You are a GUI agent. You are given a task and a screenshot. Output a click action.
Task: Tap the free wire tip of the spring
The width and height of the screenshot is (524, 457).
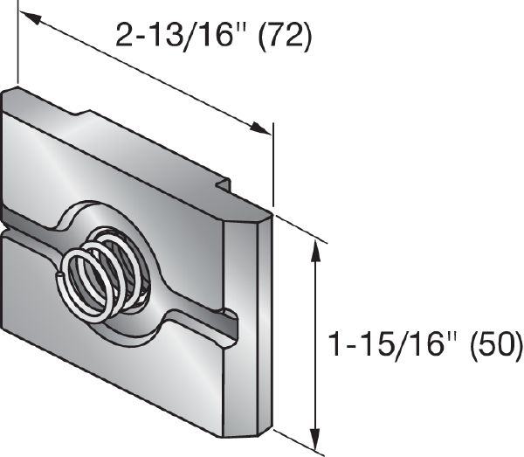click(59, 277)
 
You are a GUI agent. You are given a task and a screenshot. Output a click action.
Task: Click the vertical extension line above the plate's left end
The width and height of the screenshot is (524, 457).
click(17, 44)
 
